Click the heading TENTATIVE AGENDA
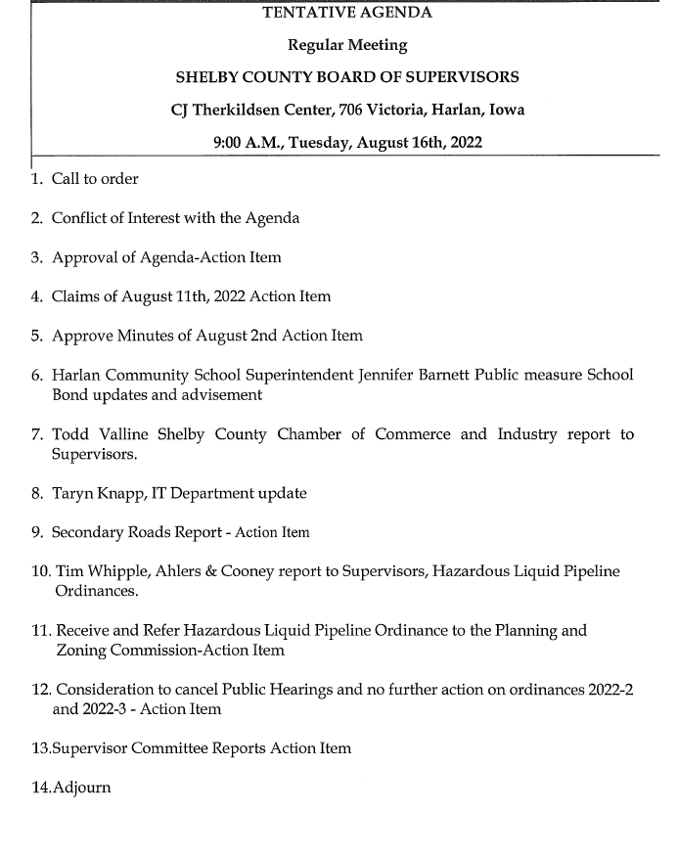tap(347, 13)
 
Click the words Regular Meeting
tap(347, 45)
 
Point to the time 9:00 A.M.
tap(248, 143)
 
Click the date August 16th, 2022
tap(419, 143)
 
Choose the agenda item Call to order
tap(95, 179)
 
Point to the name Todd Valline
tap(98, 434)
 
